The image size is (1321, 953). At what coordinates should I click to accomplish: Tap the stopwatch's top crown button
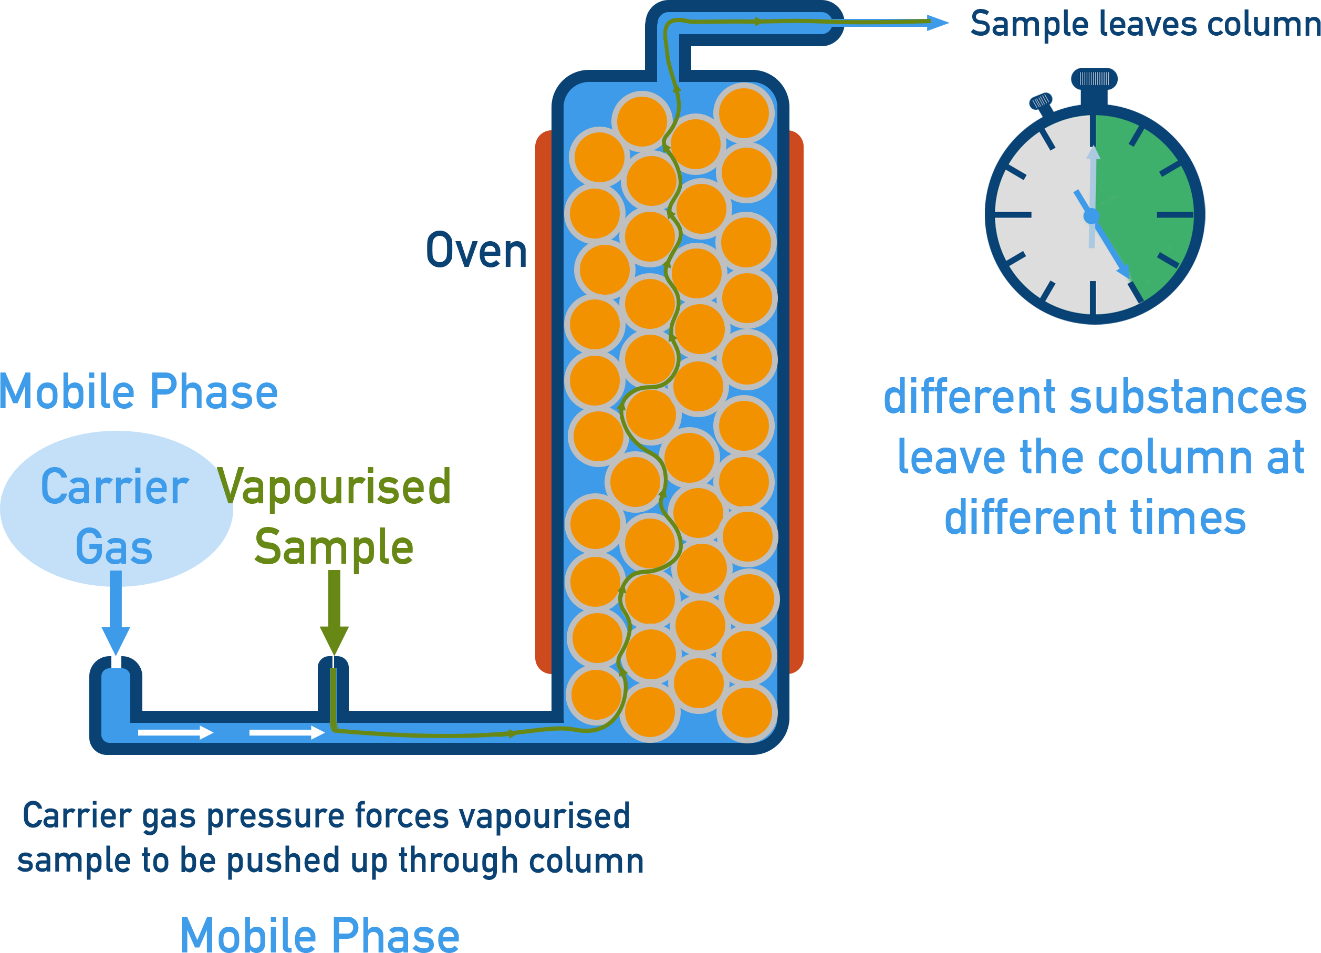click(x=1095, y=79)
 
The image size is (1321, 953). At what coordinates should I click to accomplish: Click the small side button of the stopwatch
click(x=1041, y=101)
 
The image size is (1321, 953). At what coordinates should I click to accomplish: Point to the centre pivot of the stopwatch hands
click(x=1091, y=216)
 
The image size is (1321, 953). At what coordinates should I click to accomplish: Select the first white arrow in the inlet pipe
click(x=175, y=732)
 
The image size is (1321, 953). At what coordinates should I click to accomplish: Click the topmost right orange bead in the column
click(x=744, y=112)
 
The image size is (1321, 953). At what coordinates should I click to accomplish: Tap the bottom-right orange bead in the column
click(x=747, y=712)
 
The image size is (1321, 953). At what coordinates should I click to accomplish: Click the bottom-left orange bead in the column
click(x=596, y=695)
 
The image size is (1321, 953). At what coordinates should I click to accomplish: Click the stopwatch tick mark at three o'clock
click(x=1174, y=215)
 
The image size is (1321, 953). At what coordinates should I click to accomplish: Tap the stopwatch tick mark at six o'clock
click(x=1093, y=297)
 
